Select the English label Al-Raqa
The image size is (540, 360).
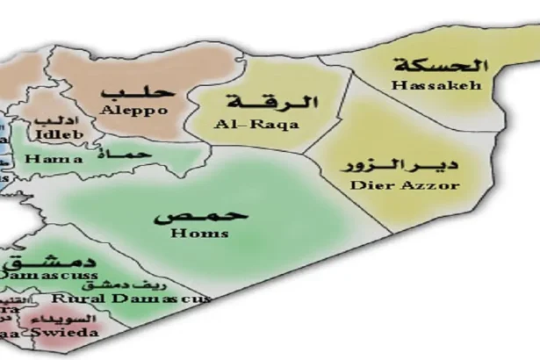[x=256, y=125]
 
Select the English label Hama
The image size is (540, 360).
[x=54, y=159]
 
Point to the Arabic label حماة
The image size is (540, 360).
[x=132, y=155]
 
